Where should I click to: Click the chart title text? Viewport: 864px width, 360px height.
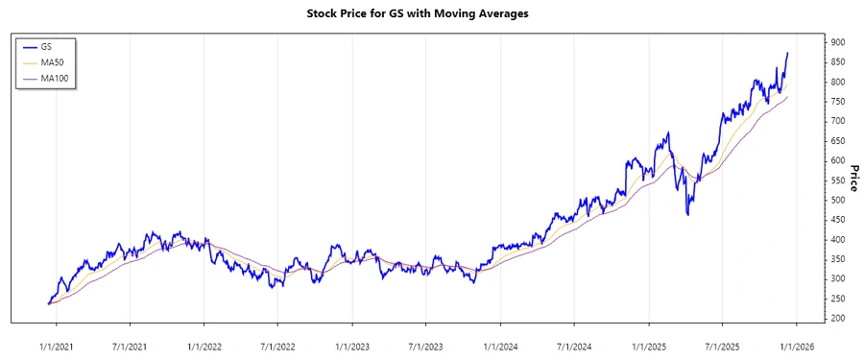click(431, 14)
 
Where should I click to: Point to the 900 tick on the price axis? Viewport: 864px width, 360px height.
click(838, 42)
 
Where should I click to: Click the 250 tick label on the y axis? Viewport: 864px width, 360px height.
click(838, 299)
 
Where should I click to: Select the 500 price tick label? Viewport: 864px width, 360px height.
click(838, 200)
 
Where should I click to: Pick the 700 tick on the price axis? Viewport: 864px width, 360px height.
click(838, 121)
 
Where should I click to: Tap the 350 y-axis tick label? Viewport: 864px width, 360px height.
click(838, 259)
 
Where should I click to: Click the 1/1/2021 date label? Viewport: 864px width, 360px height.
click(56, 344)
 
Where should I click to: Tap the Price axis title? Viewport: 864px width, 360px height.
click(852, 180)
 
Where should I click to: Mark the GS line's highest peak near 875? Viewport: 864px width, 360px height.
click(788, 54)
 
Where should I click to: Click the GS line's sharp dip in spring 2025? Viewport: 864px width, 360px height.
click(688, 213)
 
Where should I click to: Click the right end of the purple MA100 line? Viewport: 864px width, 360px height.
click(788, 96)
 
